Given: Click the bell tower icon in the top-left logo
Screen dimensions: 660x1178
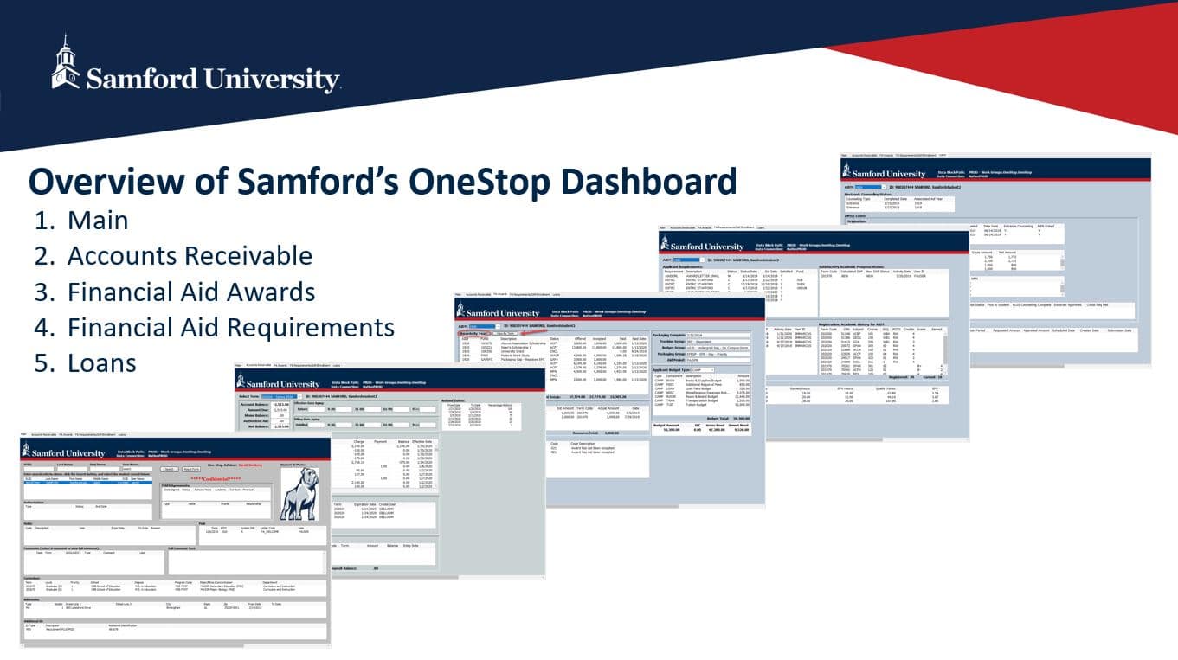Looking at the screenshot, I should [x=65, y=62].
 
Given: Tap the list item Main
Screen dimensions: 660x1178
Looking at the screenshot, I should [x=98, y=221].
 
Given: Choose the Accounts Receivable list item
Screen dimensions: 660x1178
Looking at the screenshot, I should [x=190, y=256].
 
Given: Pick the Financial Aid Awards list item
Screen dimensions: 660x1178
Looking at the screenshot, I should [x=190, y=292].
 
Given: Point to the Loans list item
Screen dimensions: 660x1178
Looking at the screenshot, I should [x=101, y=362].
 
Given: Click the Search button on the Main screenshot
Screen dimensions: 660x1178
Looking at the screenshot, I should [x=170, y=469].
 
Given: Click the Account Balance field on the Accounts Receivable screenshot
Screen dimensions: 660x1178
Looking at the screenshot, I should [x=282, y=404].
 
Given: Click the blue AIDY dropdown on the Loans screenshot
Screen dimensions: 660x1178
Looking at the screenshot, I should [x=865, y=186].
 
